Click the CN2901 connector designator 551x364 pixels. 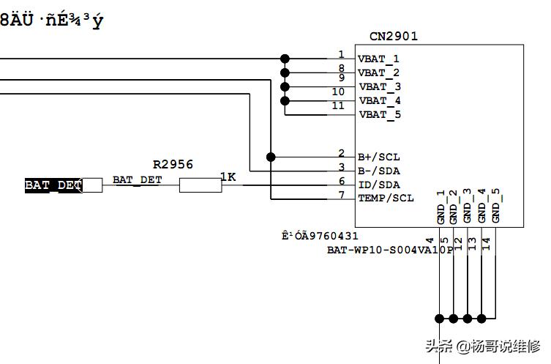[x=394, y=36]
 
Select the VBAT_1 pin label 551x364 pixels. [x=378, y=59]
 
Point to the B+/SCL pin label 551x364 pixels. [x=378, y=157]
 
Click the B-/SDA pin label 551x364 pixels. [x=378, y=171]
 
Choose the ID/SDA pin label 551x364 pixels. [x=378, y=185]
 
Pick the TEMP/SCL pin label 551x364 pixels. [x=385, y=198]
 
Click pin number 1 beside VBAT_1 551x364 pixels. [x=341, y=54]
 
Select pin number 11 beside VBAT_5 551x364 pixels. [x=337, y=106]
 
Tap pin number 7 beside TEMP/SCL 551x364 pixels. [x=341, y=194]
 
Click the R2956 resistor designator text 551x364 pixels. [x=173, y=165]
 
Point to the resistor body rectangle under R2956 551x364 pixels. [x=200, y=185]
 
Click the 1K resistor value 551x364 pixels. [x=228, y=177]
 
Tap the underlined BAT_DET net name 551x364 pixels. [x=137, y=179]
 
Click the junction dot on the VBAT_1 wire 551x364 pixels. [x=285, y=59]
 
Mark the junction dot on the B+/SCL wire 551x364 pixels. [x=271, y=157]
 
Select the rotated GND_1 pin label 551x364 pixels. [x=441, y=207]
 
